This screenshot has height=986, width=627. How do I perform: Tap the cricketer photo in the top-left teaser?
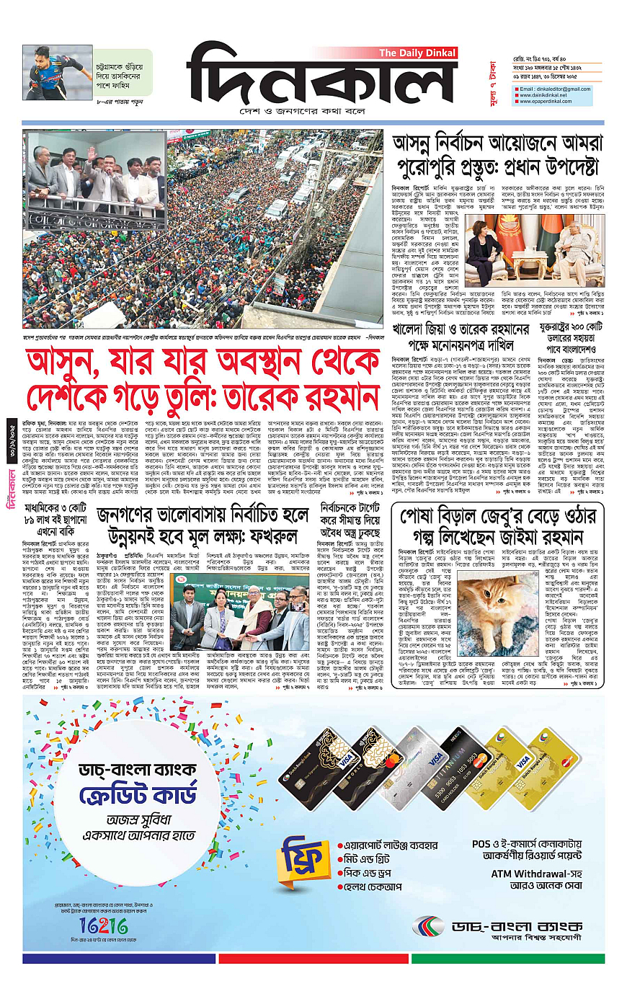47,71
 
